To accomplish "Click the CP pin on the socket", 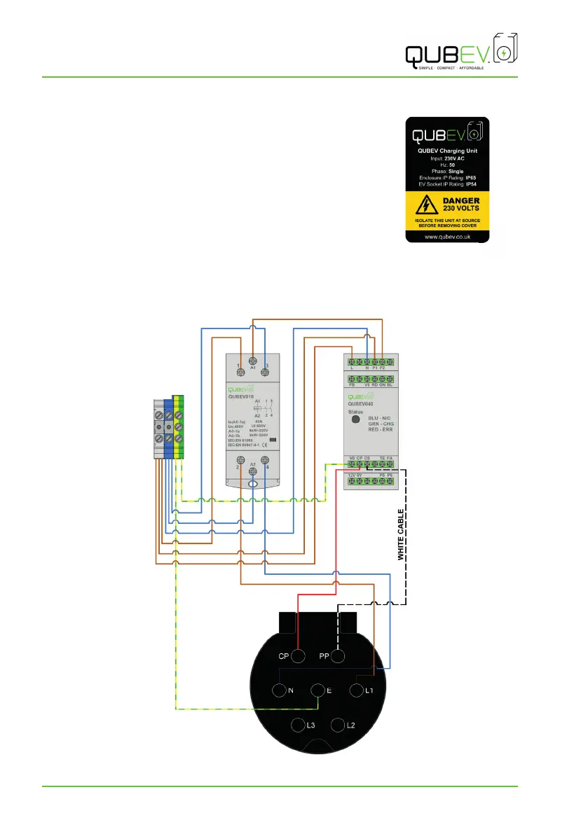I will (x=298, y=656).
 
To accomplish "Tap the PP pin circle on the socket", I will (x=338, y=656).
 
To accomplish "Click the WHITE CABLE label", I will (x=401, y=534).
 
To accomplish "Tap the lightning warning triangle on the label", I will (x=424, y=204).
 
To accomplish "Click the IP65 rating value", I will (x=471, y=178).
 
